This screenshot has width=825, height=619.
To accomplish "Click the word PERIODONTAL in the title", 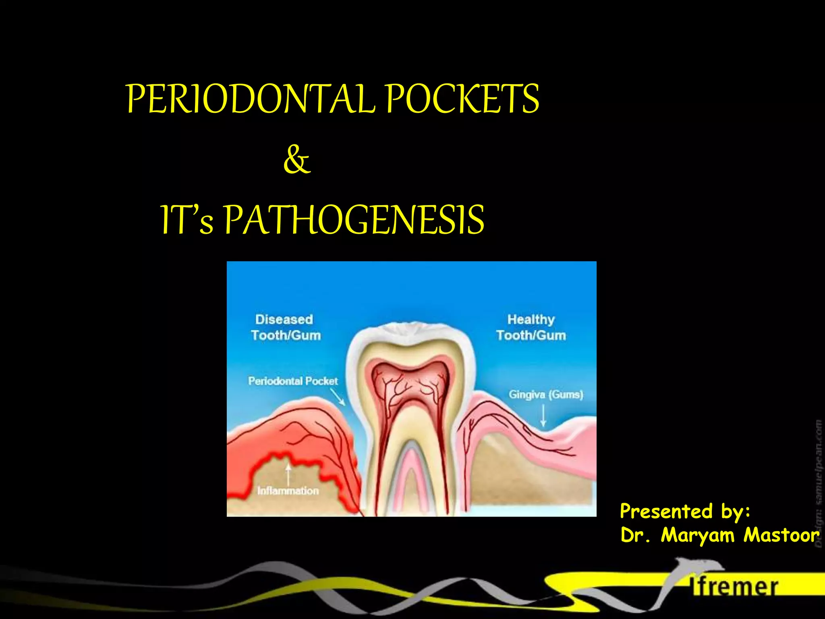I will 251,99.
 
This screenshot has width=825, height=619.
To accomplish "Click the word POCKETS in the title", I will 462,99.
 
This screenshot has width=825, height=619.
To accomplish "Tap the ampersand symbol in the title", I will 297,160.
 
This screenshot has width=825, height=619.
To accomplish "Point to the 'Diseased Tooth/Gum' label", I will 285,327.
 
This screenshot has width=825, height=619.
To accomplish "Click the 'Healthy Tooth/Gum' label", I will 531,327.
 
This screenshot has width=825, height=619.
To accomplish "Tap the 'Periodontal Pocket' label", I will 293,381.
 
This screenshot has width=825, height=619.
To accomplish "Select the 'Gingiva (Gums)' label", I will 546,394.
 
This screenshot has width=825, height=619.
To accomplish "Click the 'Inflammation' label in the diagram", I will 288,490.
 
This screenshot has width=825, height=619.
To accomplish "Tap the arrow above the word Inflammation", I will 288,474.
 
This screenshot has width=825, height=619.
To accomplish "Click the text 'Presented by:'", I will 685,511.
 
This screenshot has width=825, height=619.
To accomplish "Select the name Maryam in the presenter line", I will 698,536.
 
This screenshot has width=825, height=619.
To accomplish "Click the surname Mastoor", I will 781,535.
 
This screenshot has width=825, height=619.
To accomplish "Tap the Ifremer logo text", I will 735,587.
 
